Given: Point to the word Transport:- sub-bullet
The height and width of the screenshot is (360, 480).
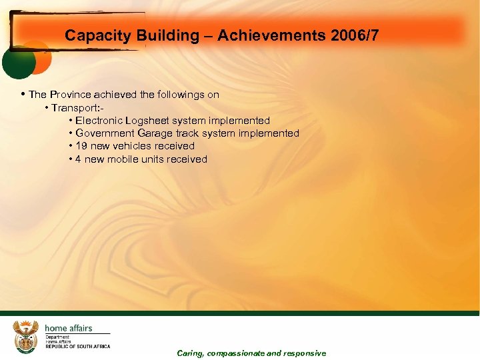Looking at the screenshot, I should (x=77, y=108).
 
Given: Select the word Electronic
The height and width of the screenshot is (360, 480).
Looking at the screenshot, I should (x=98, y=121).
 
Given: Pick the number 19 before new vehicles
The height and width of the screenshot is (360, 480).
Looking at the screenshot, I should (x=81, y=146).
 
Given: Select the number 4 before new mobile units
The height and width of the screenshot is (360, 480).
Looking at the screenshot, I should (x=78, y=159).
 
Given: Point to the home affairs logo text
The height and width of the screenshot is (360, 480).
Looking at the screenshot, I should (x=68, y=328).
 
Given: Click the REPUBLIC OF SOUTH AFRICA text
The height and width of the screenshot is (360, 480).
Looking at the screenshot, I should (x=77, y=347).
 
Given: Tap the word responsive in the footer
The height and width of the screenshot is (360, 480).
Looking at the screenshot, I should (x=305, y=353).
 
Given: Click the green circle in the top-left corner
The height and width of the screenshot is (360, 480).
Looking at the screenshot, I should (x=18, y=62).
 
